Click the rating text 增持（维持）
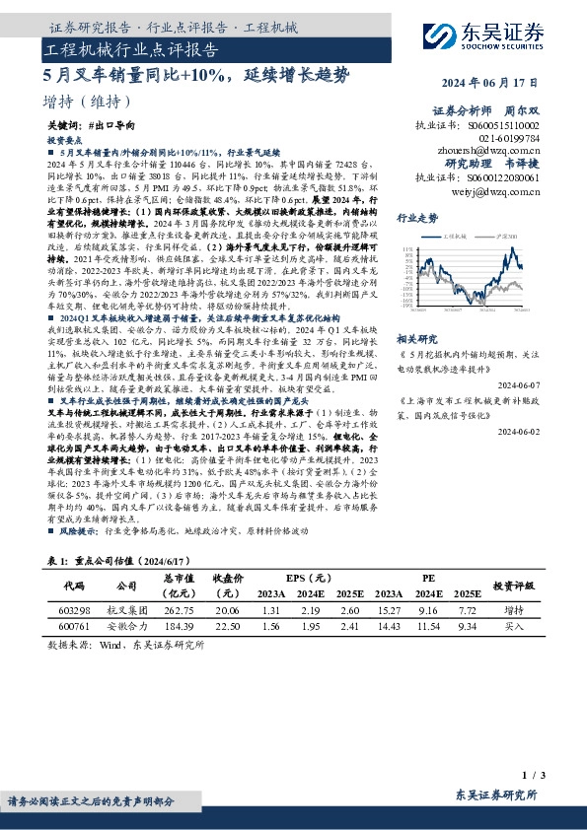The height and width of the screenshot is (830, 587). pos(88,102)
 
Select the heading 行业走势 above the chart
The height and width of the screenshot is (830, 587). pos(417,217)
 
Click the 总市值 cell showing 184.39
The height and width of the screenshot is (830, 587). pos(180,626)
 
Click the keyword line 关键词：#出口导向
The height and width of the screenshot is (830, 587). pos(91,128)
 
